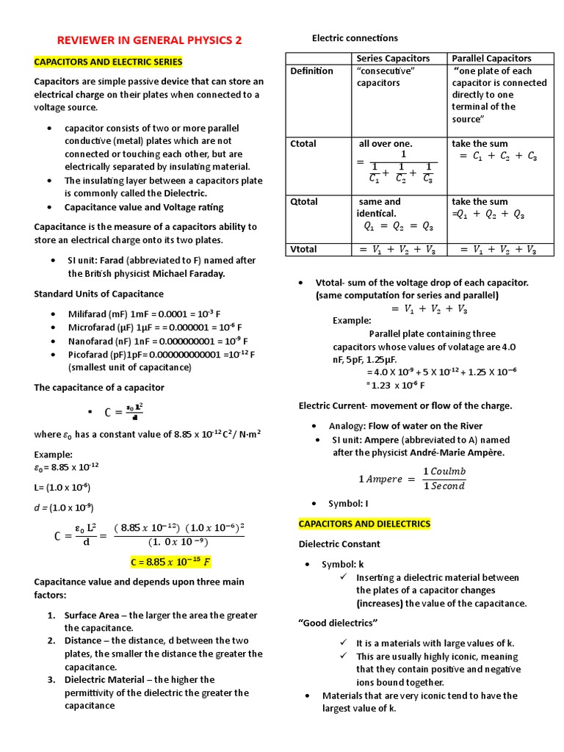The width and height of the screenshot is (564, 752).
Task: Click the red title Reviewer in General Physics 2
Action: pyautogui.click(x=149, y=40)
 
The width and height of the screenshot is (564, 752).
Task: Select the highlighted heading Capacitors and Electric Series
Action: pyautogui.click(x=108, y=62)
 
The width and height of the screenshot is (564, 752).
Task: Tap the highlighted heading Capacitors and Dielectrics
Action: pyautogui.click(x=364, y=524)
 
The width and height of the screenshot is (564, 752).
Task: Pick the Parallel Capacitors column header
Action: pyautogui.click(x=491, y=58)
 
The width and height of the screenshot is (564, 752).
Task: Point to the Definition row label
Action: pyautogui.click(x=311, y=70)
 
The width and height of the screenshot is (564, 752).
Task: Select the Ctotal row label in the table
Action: pyautogui.click(x=303, y=143)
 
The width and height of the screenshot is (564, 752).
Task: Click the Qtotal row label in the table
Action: pyautogui.click(x=304, y=201)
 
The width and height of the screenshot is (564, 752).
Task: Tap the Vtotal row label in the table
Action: pyautogui.click(x=304, y=249)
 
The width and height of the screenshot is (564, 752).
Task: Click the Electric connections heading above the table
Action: pyautogui.click(x=355, y=37)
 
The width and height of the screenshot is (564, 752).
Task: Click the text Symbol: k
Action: pyautogui.click(x=342, y=564)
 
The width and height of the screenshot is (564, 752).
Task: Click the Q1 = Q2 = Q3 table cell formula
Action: pyautogui.click(x=398, y=227)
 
